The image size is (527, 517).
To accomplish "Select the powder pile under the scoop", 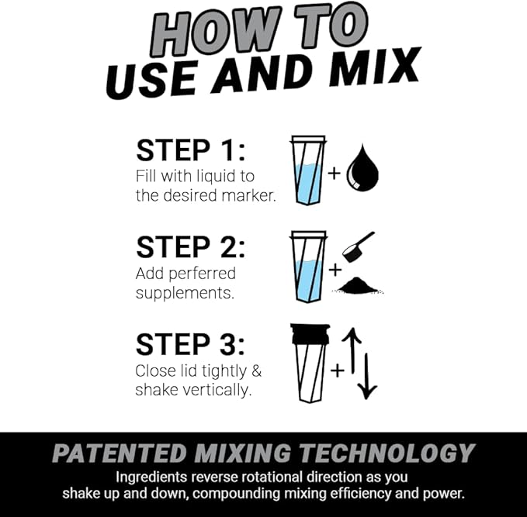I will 359,285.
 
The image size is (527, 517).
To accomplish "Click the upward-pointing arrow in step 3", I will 350,350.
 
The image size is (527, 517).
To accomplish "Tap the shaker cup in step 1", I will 308,171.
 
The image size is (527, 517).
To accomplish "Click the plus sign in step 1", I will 334,173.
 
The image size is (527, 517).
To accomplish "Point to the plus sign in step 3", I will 337,371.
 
